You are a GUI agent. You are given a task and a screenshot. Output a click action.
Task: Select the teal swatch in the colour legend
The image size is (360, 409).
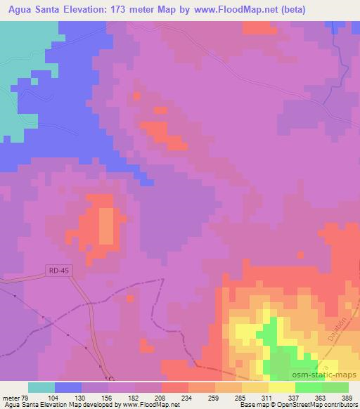coord(41,387)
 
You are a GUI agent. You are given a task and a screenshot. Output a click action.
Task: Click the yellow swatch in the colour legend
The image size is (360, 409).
coord(282,387)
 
